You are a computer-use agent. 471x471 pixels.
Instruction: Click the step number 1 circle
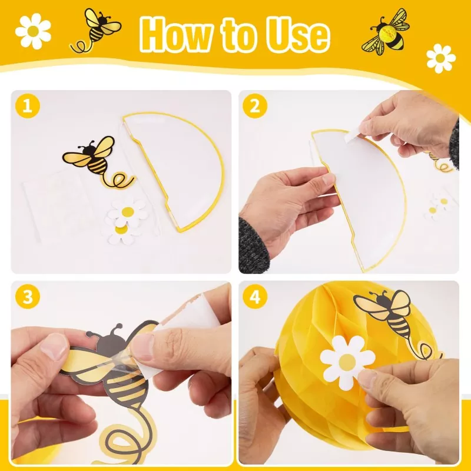coord(27,106)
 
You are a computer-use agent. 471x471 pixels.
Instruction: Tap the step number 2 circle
coord(255,106)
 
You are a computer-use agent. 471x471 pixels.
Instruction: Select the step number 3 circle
coord(27,297)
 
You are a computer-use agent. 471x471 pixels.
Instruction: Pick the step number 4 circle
coord(255,297)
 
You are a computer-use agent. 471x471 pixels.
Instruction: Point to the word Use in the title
coord(298,34)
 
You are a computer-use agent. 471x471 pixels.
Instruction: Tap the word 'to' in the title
coord(240,35)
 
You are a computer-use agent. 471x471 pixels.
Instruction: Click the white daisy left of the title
coord(33,31)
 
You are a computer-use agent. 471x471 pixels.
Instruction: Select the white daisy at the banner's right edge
coord(440,58)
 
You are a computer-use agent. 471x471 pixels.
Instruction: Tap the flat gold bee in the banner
coord(95,29)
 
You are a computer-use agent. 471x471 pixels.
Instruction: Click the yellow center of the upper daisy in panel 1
coord(128,212)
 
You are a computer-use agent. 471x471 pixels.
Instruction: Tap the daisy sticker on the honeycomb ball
coord(347,363)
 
